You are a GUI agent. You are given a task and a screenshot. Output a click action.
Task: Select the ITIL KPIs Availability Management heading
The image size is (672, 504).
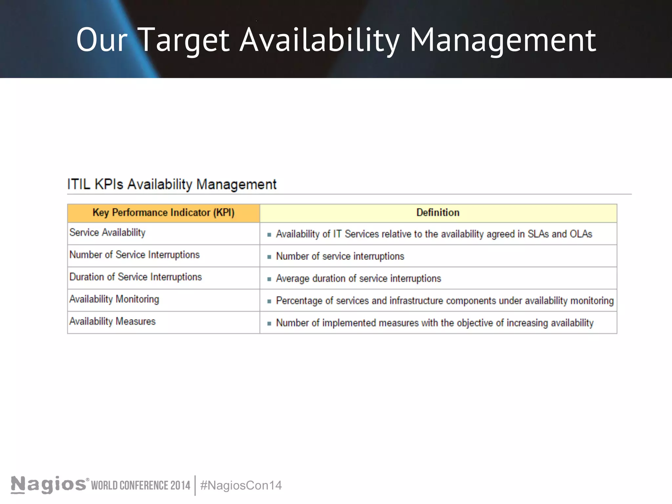coord(172,184)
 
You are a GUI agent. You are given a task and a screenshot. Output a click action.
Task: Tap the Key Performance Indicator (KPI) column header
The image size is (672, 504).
coord(163,213)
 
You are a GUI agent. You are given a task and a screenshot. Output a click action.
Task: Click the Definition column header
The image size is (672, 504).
coord(438,213)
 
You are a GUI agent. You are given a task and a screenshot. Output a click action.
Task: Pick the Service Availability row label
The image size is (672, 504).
coord(107,233)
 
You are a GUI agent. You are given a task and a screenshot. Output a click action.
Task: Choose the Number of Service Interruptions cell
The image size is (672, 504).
coord(135,255)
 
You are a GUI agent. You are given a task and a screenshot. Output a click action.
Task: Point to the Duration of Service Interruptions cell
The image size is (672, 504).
coord(136,277)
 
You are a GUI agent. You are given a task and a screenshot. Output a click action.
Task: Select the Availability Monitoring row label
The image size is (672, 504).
coord(114,299)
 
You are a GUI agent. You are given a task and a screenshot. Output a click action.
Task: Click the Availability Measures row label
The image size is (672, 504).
coord(113,322)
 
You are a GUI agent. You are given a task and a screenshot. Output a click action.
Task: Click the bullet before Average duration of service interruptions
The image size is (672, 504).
coord(269,279)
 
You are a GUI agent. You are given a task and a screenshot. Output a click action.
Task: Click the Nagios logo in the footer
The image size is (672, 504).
coord(49,485)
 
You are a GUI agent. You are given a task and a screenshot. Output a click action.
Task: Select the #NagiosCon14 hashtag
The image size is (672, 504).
coord(241,485)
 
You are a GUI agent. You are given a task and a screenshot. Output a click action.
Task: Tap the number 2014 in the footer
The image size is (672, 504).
coord(180,485)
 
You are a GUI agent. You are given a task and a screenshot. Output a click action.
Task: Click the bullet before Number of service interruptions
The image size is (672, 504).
coord(269,257)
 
